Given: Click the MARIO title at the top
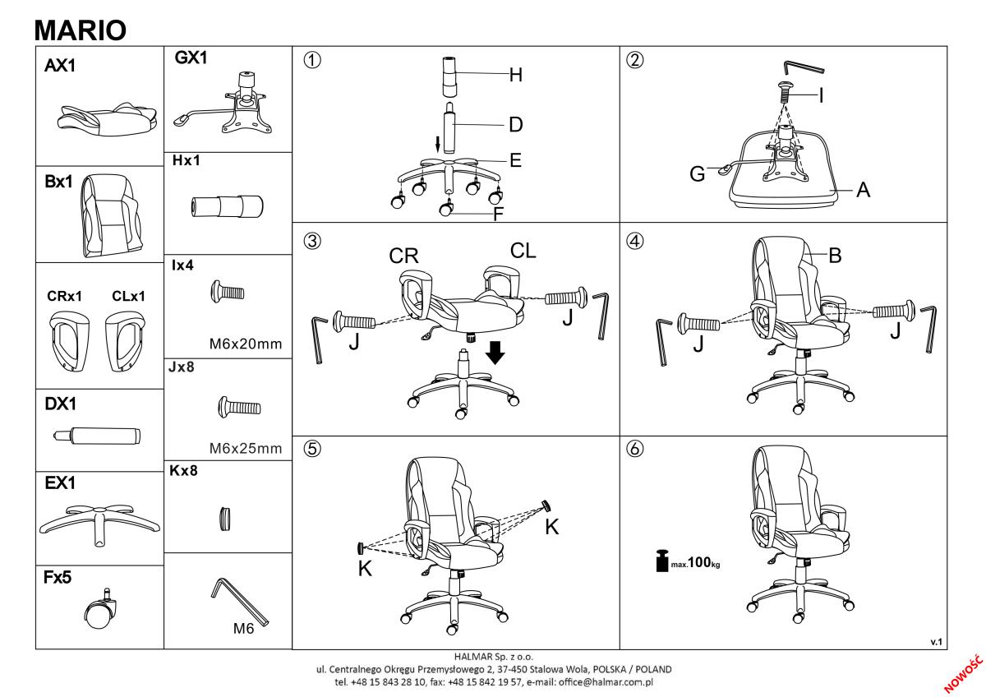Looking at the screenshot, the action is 81,30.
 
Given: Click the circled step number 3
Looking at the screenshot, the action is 312,241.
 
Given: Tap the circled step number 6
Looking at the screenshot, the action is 634,449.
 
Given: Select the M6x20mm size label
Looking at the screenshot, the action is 246,344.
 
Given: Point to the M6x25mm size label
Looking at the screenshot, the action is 246,448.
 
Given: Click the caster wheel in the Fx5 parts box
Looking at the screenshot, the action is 101,610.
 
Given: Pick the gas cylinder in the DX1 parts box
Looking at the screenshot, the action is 97,436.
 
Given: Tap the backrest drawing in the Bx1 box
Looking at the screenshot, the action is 112,215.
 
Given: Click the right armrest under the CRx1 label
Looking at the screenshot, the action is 70,341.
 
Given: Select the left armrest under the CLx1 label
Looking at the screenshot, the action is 125,341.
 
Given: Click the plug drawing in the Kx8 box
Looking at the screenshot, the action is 225,519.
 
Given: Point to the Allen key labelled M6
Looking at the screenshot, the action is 239,602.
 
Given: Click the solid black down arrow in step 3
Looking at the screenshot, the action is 495,353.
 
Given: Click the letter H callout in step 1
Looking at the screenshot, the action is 516,76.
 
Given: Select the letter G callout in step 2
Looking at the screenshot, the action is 698,174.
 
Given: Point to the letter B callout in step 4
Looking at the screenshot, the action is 835,256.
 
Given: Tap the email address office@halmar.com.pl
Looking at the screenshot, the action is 606,682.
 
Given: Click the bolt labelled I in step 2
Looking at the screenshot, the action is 786,91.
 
